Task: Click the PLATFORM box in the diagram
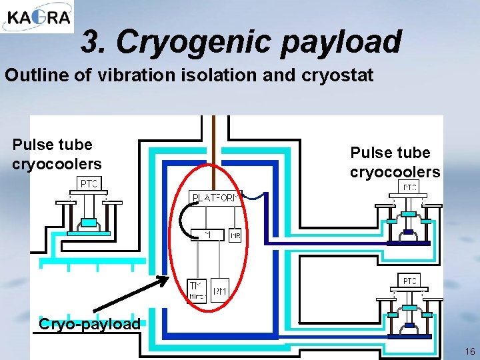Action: (x=215, y=198)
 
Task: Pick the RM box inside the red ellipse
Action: (x=220, y=290)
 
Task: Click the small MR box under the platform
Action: (x=235, y=236)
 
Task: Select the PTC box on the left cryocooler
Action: (x=89, y=183)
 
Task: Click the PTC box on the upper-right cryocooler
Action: (x=409, y=187)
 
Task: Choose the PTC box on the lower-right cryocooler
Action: (x=409, y=281)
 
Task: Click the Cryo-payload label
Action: (x=89, y=325)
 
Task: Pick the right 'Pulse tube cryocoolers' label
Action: (x=395, y=162)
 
